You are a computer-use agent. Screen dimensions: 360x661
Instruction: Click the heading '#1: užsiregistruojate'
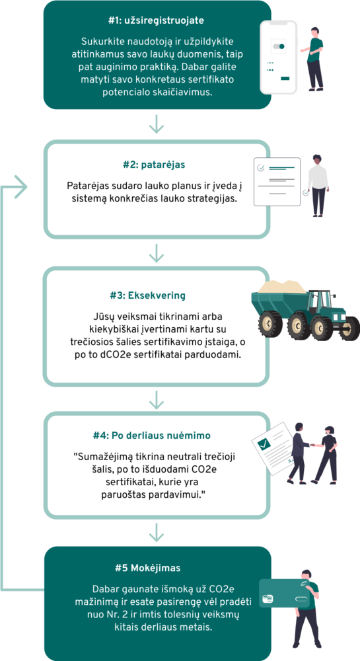pos(157,20)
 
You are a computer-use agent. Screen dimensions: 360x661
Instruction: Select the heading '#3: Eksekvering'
pos(148,295)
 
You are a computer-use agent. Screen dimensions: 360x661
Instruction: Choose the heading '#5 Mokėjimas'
pos(148,568)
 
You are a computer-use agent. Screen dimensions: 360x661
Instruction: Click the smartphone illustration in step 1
pos(278,57)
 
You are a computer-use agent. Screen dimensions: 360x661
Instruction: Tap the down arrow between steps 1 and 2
pos(156,123)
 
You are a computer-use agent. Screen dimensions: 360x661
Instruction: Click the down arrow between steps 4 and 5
pos(156,532)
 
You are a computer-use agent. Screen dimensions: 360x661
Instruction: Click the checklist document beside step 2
pos(277,182)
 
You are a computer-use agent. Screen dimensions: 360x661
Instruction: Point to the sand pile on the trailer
pos(282,287)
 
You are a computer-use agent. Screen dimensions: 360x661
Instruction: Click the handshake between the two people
pos(312,445)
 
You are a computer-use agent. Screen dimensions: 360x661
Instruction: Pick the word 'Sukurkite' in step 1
pos(99,42)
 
